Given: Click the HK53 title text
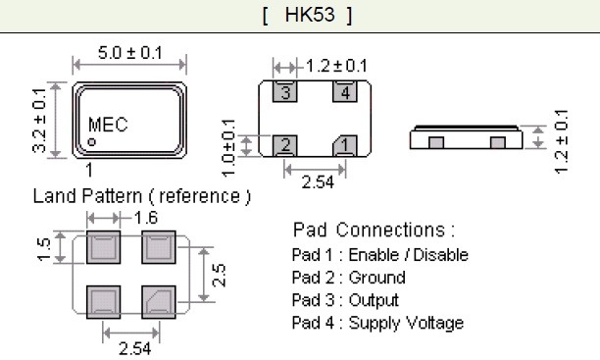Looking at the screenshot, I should pos(307,16).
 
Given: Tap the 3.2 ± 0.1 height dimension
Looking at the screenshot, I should pos(39,120).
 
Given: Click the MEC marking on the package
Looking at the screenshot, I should pos(108,126).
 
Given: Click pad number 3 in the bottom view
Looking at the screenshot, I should pos(284,93).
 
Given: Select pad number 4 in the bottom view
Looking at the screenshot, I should pos(344,93).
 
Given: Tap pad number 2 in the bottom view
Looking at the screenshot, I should pos(284,145).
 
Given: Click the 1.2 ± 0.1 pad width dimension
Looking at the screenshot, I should pos(336,67).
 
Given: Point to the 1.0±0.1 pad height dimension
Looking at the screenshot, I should pos(230,144).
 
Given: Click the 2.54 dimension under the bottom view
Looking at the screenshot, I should pos(314,181).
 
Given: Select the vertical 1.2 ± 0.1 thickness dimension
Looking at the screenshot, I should pos(562,139).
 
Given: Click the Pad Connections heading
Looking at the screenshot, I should pos(374,231).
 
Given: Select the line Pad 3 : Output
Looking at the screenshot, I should pos(345,300).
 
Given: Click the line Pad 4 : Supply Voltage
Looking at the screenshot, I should pos(377,323).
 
